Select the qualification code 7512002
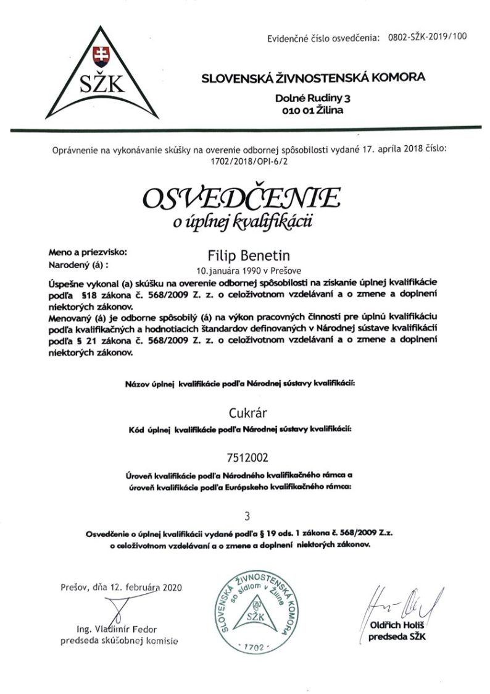tap(245, 457)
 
